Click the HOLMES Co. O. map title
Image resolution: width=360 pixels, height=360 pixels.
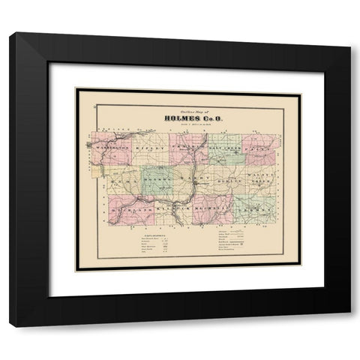tap(187, 116)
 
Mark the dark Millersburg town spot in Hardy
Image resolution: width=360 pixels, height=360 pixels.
tap(196, 184)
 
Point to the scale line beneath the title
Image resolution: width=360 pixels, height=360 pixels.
tap(187, 124)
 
